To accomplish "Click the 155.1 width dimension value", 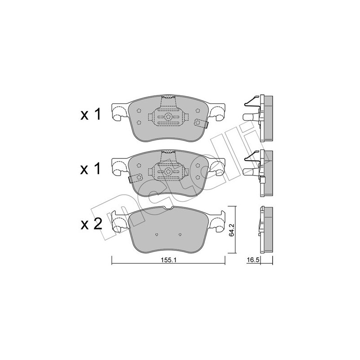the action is point(168,260).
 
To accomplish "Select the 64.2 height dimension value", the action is point(232,230).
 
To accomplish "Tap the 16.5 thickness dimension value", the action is point(253,260).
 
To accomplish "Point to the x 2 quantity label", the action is point(91,224).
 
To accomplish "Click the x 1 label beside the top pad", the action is point(90,115).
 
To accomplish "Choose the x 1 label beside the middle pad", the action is point(90,169).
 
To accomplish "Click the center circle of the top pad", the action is point(168,117).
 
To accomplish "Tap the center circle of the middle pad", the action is point(168,171).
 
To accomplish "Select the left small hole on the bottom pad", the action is point(157,234).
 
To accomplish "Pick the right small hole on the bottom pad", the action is point(180,234).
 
